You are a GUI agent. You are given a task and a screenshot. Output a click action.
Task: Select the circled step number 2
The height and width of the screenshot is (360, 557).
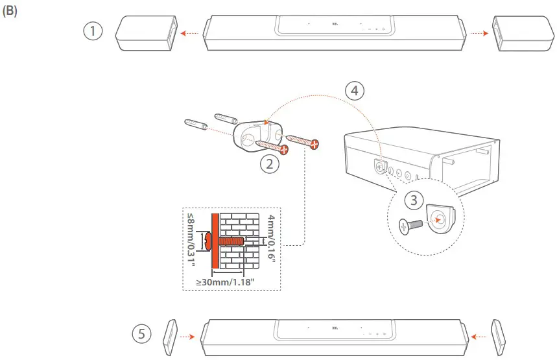pos(269,164)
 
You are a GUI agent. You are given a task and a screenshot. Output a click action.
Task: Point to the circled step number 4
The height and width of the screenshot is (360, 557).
pos(353,91)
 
